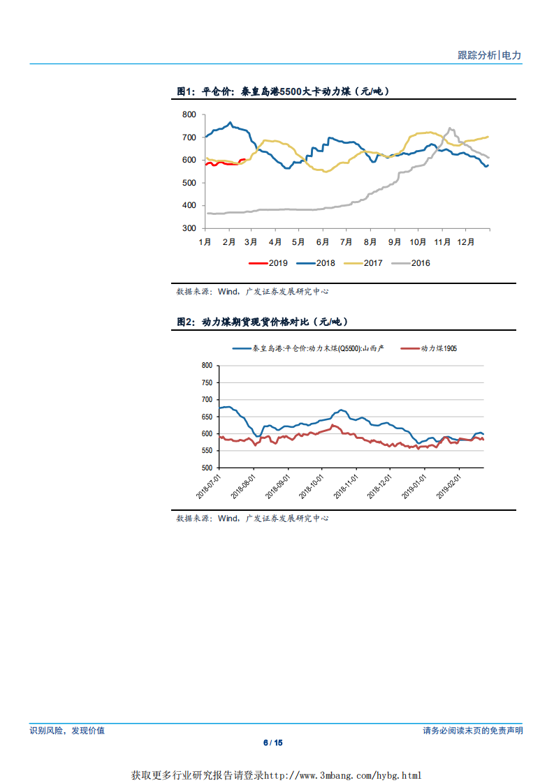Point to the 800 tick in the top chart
coord(188,114)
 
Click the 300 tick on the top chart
coord(188,228)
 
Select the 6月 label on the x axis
coord(323,242)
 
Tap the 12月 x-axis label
coord(465,242)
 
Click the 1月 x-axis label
coord(205,242)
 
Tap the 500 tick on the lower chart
coord(206,468)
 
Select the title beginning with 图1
coord(282,91)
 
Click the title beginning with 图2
coord(262,322)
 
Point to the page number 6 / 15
coord(277,743)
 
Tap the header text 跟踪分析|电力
coord(489,55)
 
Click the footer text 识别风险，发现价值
coord(67,731)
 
